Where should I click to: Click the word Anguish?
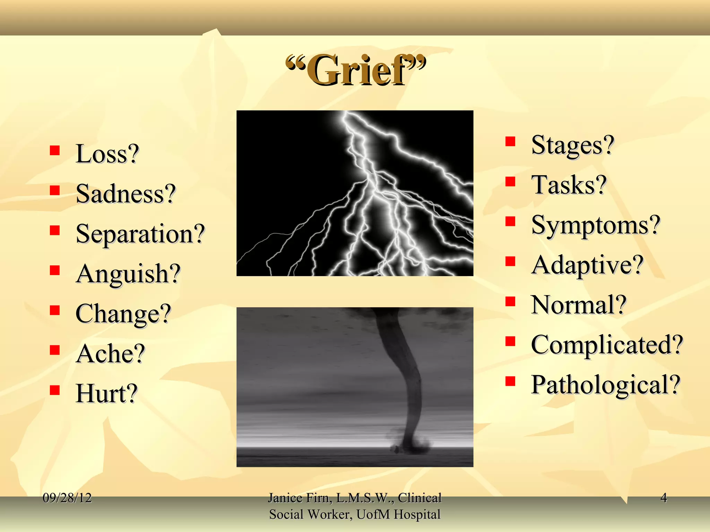pyautogui.click(x=128, y=274)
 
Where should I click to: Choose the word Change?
pyautogui.click(x=123, y=313)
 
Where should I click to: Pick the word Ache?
pyautogui.click(x=110, y=354)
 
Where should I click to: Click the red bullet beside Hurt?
pyautogui.click(x=55, y=390)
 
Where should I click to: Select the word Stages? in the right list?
pyautogui.click(x=572, y=145)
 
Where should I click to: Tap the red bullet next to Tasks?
pyautogui.click(x=510, y=181)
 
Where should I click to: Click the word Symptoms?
pyautogui.click(x=595, y=225)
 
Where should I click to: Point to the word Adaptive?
pyautogui.click(x=587, y=265)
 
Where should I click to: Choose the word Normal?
pyautogui.click(x=578, y=305)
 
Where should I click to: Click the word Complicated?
pyautogui.click(x=607, y=345)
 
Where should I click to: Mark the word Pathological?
pyautogui.click(x=605, y=384)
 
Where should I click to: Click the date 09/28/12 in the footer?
pyautogui.click(x=67, y=498)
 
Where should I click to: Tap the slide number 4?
pyautogui.click(x=664, y=498)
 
